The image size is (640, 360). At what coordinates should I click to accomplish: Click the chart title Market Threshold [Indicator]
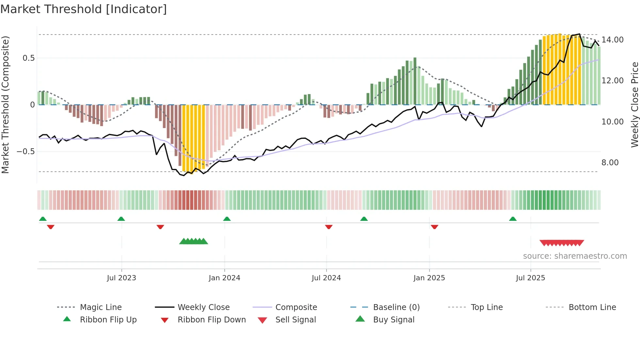click(x=84, y=9)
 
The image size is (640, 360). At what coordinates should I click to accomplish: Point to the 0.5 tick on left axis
click(x=28, y=58)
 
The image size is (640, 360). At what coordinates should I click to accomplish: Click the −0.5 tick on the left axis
click(x=25, y=152)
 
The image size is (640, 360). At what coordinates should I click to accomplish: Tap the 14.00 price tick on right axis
click(x=613, y=40)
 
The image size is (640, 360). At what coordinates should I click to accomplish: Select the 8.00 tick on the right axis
click(x=610, y=163)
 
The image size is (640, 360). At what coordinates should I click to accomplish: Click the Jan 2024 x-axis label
click(x=224, y=278)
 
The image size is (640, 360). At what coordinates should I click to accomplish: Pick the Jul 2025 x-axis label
click(x=530, y=278)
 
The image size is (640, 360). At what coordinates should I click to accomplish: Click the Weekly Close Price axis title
click(x=634, y=105)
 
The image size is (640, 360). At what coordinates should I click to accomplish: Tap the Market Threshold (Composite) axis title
click(x=5, y=105)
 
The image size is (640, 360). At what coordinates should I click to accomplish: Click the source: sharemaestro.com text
click(x=575, y=256)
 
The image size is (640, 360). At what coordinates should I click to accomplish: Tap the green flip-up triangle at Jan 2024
click(x=227, y=219)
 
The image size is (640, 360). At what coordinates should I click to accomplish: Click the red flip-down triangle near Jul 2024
click(x=329, y=227)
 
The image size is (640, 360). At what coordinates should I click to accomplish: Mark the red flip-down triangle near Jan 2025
click(x=434, y=227)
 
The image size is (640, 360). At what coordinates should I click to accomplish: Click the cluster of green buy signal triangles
click(x=194, y=241)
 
